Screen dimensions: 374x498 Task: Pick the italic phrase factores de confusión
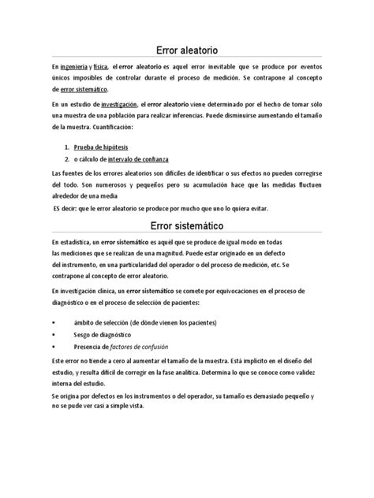(143, 347)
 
